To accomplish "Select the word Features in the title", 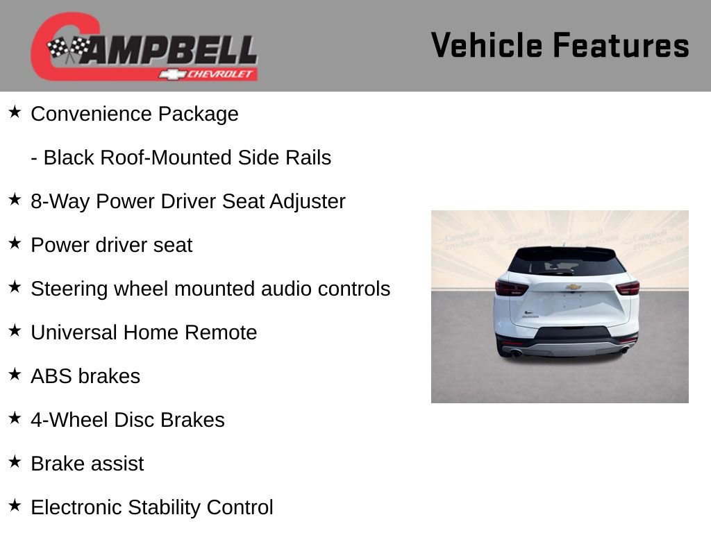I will (621, 46).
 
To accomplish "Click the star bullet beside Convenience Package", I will (15, 112).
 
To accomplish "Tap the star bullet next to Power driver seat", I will (15, 243).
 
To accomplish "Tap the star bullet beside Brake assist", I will (15, 462).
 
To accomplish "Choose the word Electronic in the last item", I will (78, 507).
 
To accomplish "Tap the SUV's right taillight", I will (627, 288).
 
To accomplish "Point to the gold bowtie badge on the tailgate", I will (573, 287).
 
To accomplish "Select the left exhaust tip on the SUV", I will (515, 353).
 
